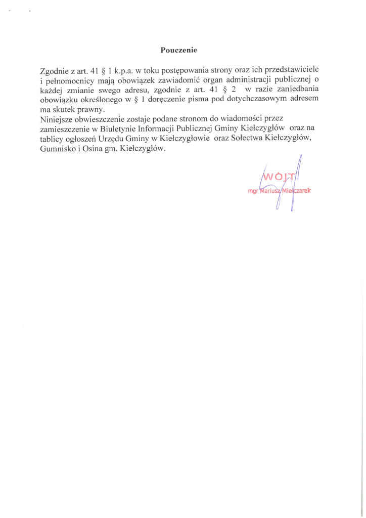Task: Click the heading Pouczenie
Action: [x=178, y=50]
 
